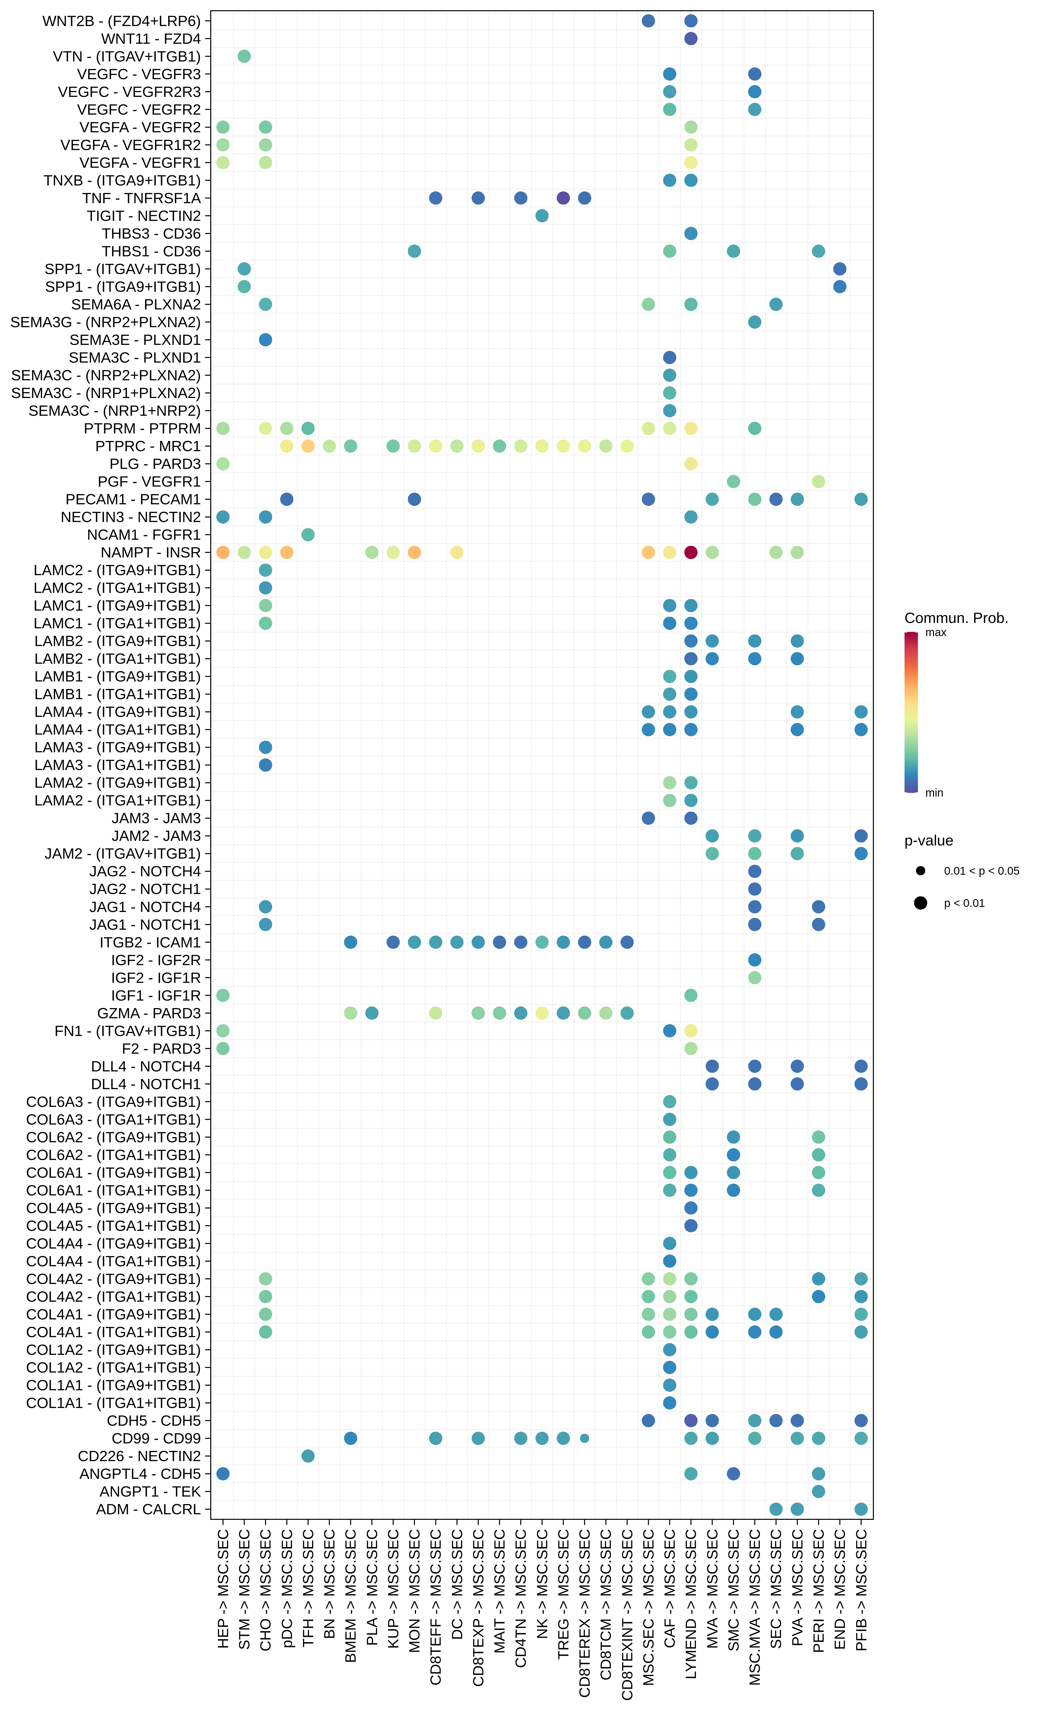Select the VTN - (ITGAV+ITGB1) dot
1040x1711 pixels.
[x=245, y=56]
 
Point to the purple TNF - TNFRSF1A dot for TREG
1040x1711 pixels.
[x=563, y=198]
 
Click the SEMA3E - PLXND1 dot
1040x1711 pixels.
[x=265, y=340]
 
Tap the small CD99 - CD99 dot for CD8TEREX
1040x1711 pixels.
[x=585, y=1438]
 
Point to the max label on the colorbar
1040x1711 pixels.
[x=936, y=633]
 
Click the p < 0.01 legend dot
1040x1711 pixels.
[x=921, y=903]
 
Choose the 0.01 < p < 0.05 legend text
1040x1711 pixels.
[x=981, y=871]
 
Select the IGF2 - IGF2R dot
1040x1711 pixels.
[x=755, y=960]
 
